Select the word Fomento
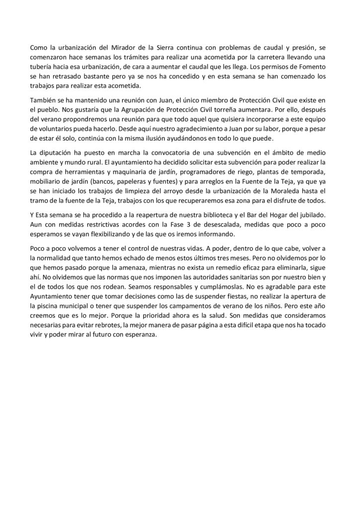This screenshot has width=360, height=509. [314, 66]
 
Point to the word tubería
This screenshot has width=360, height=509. [43, 66]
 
